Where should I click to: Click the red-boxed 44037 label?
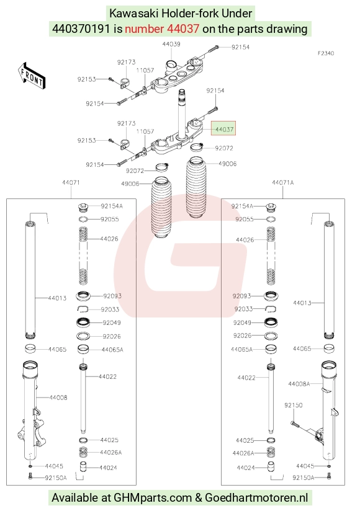pyautogui.click(x=224, y=130)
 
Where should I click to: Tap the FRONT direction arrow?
pyautogui.click(x=31, y=76)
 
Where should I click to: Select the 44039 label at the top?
pyautogui.click(x=171, y=44)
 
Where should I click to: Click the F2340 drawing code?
pyautogui.click(x=326, y=53)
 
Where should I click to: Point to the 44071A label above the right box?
pyautogui.click(x=282, y=182)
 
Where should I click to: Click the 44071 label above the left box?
pyautogui.click(x=71, y=182)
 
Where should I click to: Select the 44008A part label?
pyautogui.click(x=299, y=384)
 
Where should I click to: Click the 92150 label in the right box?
pyautogui.click(x=293, y=405)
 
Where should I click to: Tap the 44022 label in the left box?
pyautogui.click(x=107, y=376)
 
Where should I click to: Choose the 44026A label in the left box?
pyautogui.click(x=111, y=452)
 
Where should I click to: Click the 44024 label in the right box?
pyautogui.click(x=246, y=468)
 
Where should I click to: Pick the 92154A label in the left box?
pyautogui.click(x=112, y=206)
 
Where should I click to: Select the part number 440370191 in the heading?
pyautogui.click(x=81, y=29)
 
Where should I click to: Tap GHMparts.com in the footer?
pyautogui.click(x=153, y=497)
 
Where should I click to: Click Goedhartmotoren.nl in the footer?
pyautogui.click(x=256, y=497)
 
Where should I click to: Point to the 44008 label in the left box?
pyautogui.click(x=58, y=398)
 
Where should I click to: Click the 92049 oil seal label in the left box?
pyautogui.click(x=112, y=322)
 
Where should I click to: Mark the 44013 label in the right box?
pyautogui.click(x=302, y=303)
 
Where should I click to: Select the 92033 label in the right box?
pyautogui.click(x=243, y=309)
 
